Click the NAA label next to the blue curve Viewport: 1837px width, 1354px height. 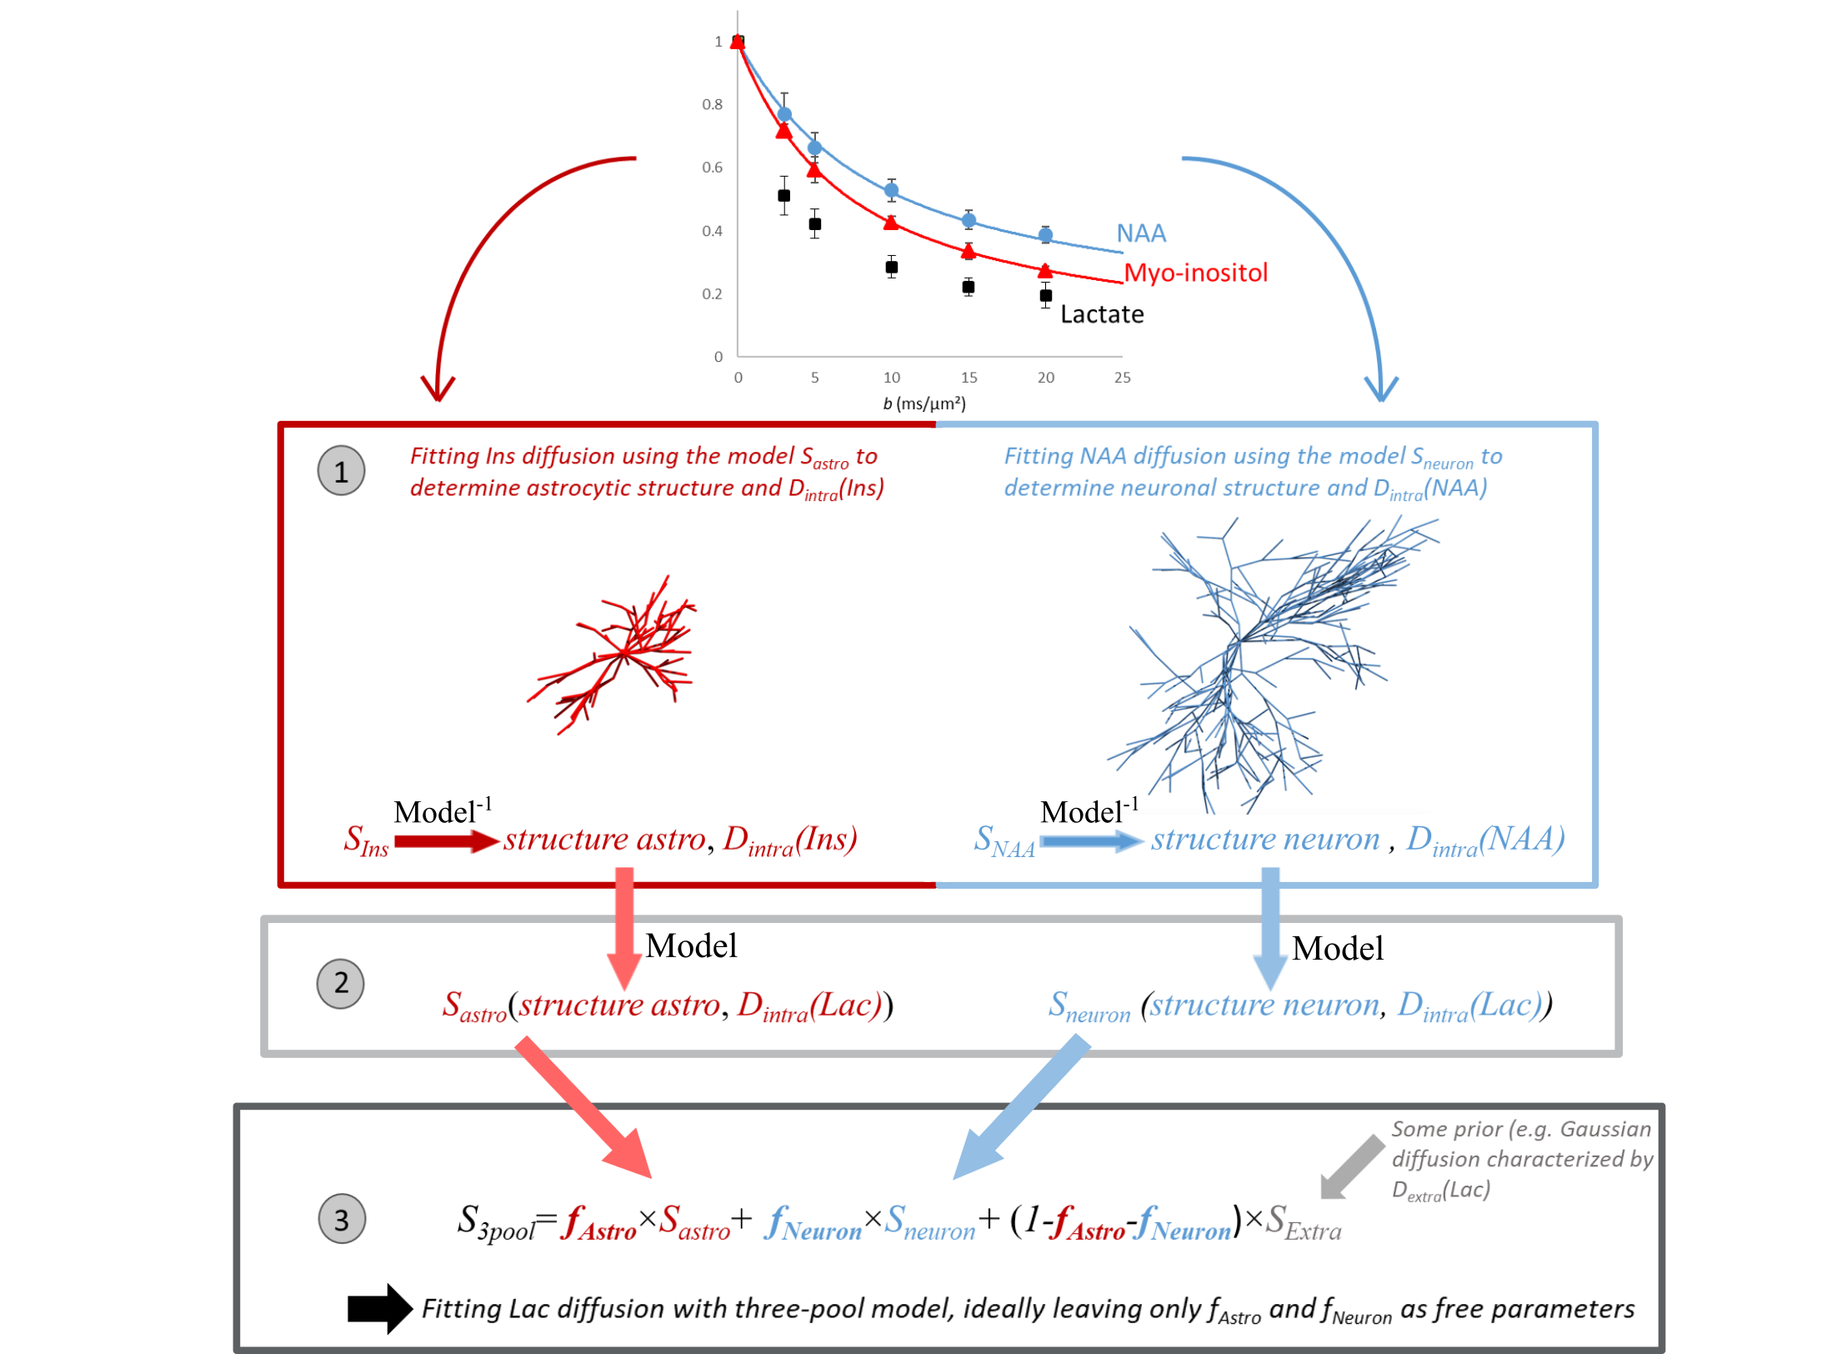coord(1141,233)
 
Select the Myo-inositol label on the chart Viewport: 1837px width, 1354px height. coord(1195,273)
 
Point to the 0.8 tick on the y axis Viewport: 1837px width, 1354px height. coord(713,104)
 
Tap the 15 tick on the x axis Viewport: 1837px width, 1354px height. coord(969,378)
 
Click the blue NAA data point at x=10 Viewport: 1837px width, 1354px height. coord(891,190)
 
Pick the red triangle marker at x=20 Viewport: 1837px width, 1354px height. coord(1045,270)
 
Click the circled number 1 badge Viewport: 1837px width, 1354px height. coord(341,471)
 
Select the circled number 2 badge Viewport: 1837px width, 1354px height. coord(341,983)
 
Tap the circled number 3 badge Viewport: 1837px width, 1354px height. coord(342,1219)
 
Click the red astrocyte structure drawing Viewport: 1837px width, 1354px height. coord(608,654)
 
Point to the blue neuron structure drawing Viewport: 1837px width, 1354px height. coord(1266,654)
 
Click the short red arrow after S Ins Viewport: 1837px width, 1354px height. coord(447,840)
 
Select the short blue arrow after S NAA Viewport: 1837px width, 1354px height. coord(1092,840)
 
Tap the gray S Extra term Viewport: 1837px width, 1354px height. coord(1303,1222)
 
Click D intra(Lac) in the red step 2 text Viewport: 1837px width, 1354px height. coord(808,1005)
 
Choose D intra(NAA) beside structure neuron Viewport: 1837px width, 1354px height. coord(1485,839)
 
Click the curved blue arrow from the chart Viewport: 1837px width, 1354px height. coord(1334,242)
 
